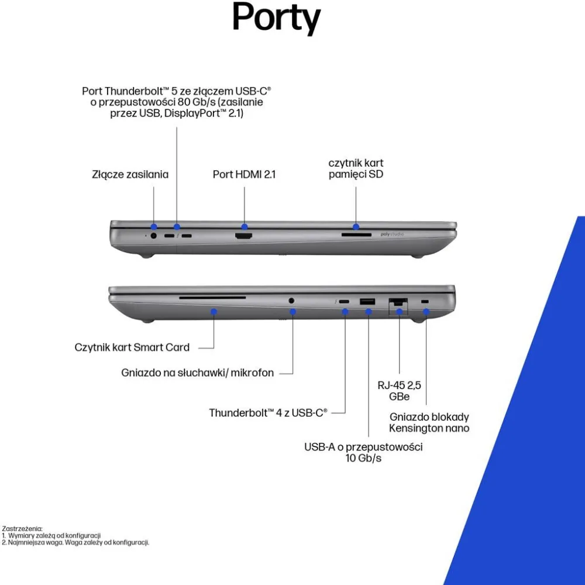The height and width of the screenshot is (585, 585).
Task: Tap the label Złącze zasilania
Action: tap(130, 174)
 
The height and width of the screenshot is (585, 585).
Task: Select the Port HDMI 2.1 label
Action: tap(244, 174)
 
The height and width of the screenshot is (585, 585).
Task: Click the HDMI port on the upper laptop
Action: tap(243, 236)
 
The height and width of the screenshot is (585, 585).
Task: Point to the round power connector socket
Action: tap(153, 235)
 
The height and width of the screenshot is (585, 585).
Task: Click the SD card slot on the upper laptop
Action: tap(356, 235)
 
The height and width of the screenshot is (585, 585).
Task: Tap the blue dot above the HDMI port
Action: tap(245, 226)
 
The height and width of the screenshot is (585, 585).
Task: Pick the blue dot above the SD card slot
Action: tap(356, 226)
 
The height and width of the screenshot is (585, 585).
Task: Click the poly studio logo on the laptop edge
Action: tap(392, 235)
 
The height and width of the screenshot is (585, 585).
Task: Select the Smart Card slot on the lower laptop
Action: tap(212, 298)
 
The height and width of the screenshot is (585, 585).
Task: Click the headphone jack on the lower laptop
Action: tap(291, 300)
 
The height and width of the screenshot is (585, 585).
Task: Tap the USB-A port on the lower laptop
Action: tap(367, 301)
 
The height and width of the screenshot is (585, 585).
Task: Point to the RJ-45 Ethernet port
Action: tap(398, 303)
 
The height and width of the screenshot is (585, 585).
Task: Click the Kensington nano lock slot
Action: tap(425, 301)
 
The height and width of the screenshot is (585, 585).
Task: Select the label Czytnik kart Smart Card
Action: tap(132, 347)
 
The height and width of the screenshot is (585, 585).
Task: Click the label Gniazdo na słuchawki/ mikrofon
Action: tap(197, 373)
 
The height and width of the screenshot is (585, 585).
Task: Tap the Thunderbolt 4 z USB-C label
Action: tap(268, 412)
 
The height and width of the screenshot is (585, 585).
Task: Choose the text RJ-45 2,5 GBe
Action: tap(399, 391)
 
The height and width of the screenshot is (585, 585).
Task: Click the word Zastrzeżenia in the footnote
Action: tap(22, 529)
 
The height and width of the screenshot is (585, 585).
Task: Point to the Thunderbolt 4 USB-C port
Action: tap(344, 301)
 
